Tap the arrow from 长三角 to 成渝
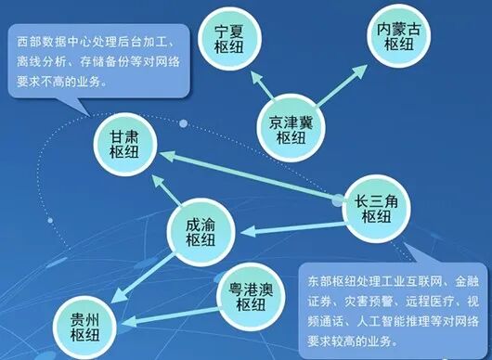288,220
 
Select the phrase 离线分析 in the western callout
42,63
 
